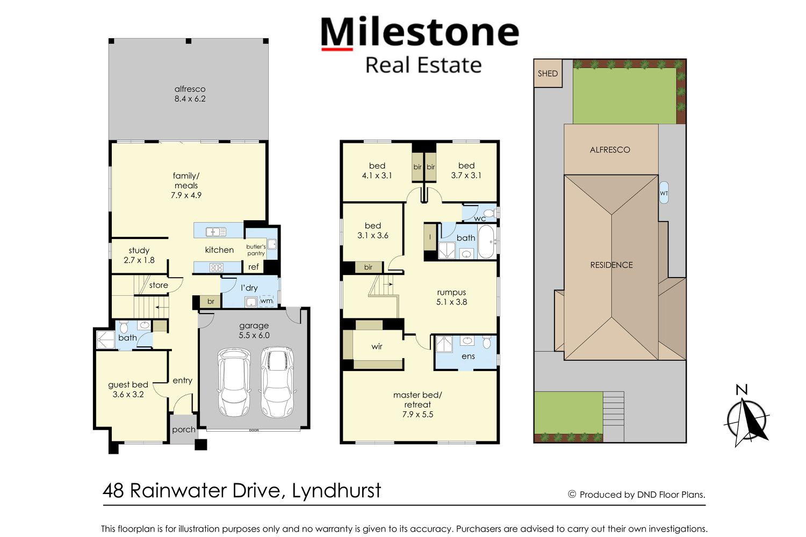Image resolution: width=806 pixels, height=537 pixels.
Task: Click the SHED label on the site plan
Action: pos(548,74)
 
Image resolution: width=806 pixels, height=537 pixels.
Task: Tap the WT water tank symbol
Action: pos(664,193)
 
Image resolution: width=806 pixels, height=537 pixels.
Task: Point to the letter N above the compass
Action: pos(742,389)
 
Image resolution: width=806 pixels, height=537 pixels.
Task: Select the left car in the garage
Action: pos(234,382)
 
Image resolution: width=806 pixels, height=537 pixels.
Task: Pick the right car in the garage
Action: pos(277,382)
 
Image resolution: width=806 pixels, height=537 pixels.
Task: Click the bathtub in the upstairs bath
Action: pos(486,242)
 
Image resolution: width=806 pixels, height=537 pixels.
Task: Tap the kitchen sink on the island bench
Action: pos(216,232)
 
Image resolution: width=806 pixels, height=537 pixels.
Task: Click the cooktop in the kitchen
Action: pos(216,267)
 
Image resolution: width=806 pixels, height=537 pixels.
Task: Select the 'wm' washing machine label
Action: pos(267,301)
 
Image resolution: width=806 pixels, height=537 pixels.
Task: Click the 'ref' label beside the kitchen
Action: pos(253,267)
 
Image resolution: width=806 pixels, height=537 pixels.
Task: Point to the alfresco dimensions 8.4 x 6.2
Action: pos(190,99)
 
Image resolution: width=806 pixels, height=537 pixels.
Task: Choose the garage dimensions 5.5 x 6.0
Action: pos(254,335)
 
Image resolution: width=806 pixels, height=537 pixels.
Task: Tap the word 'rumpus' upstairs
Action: pos(451,293)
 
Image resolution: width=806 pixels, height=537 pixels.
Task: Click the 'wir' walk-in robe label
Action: pos(377,346)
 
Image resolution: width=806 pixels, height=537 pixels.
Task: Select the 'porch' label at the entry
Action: pos(184,430)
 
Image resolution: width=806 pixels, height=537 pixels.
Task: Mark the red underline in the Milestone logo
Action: pos(337,49)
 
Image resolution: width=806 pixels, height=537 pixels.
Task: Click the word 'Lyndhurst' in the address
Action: pos(336,491)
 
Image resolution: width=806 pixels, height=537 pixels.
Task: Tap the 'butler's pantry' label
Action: pos(256,250)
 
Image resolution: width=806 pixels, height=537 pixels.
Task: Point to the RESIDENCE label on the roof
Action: pos(611,265)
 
